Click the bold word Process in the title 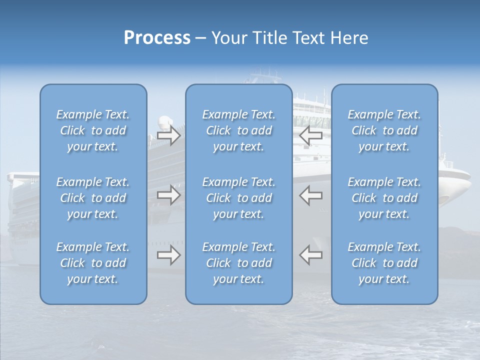pyautogui.click(x=157, y=38)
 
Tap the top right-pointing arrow pyautogui.click(x=168, y=135)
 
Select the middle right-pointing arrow pyautogui.click(x=168, y=194)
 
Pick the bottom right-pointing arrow pyautogui.click(x=168, y=255)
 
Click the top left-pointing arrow pyautogui.click(x=311, y=134)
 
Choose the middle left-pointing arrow pyautogui.click(x=311, y=194)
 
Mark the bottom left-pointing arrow pyautogui.click(x=311, y=255)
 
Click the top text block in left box pyautogui.click(x=93, y=130)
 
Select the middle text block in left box pyautogui.click(x=93, y=198)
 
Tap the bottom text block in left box pyautogui.click(x=93, y=263)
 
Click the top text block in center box pyautogui.click(x=239, y=130)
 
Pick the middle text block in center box pyautogui.click(x=239, y=198)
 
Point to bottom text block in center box pyautogui.click(x=239, y=263)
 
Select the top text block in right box pyautogui.click(x=384, y=130)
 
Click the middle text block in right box pyautogui.click(x=384, y=198)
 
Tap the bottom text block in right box pyautogui.click(x=384, y=263)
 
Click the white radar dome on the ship pyautogui.click(x=164, y=122)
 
